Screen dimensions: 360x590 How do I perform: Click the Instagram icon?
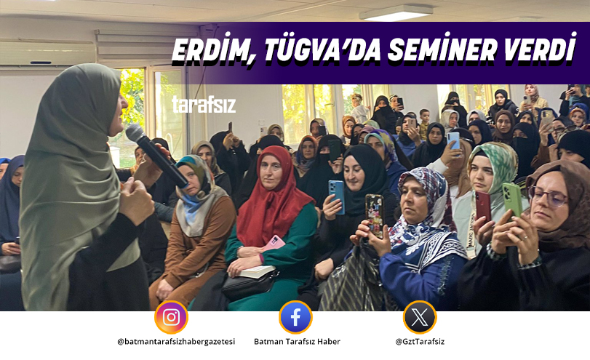[171, 317]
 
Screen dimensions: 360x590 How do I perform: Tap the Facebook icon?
[295, 317]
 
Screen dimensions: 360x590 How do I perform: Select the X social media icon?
[420, 317]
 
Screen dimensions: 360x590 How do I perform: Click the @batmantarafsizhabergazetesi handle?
[176, 341]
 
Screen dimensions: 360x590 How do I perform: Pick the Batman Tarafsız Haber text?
[296, 341]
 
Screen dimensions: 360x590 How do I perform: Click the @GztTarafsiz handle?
[420, 341]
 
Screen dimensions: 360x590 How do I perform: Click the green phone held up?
[512, 198]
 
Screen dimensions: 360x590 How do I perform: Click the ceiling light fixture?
[396, 12]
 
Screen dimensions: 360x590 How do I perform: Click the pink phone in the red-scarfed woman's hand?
[274, 243]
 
